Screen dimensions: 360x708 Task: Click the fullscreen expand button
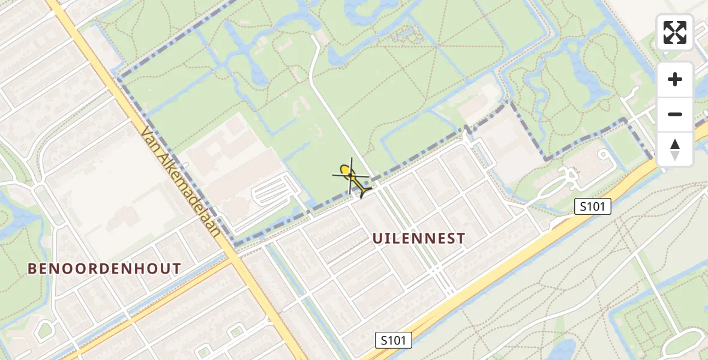point(675,32)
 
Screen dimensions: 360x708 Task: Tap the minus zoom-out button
point(675,114)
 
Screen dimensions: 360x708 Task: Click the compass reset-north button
point(675,149)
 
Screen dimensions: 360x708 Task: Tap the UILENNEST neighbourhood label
point(419,238)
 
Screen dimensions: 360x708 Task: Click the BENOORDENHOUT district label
point(104,269)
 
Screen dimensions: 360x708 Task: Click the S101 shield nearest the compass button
point(592,207)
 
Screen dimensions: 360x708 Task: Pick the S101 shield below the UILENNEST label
point(394,340)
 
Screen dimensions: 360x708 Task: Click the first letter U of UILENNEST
point(377,238)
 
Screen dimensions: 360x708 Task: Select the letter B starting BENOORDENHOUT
point(32,269)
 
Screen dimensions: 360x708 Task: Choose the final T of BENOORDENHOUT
point(177,269)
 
